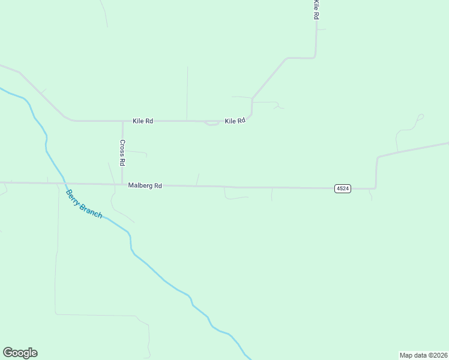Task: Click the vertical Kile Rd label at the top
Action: click(x=315, y=10)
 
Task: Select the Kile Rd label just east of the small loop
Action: click(x=235, y=121)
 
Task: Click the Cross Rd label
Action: click(x=122, y=152)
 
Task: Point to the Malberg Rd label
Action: click(x=145, y=186)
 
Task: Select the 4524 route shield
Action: click(x=342, y=188)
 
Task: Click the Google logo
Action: click(x=20, y=353)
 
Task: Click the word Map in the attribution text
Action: click(x=407, y=355)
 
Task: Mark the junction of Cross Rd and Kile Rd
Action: click(x=122, y=121)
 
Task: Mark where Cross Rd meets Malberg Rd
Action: click(x=122, y=184)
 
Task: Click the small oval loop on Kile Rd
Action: click(x=211, y=124)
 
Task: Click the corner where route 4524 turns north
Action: click(x=376, y=188)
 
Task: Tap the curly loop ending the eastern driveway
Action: click(x=420, y=116)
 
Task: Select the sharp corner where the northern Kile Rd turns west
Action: click(x=316, y=58)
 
